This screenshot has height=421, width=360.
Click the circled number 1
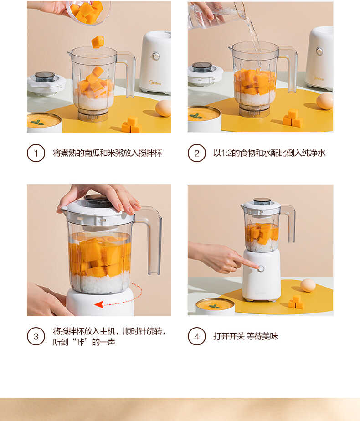click(x=36, y=153)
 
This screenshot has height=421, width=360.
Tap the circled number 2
click(x=197, y=153)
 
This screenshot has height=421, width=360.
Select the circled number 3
click(x=36, y=336)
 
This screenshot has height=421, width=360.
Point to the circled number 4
click(x=197, y=336)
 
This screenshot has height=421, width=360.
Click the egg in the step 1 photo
click(x=163, y=108)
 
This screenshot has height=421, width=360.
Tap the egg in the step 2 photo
click(x=325, y=101)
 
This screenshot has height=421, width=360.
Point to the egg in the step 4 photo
click(x=308, y=285)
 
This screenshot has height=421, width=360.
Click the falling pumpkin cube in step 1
click(x=98, y=42)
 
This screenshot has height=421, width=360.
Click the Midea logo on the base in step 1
click(x=155, y=83)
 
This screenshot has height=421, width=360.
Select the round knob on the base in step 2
click(x=320, y=51)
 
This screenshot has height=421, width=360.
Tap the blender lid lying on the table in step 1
click(x=46, y=82)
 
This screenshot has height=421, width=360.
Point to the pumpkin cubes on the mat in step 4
click(x=296, y=302)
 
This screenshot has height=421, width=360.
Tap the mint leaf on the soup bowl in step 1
click(x=37, y=122)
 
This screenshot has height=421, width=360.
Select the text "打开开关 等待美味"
click(x=245, y=336)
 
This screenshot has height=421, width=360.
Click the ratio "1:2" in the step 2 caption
click(x=225, y=153)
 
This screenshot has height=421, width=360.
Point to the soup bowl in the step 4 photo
click(x=215, y=306)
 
